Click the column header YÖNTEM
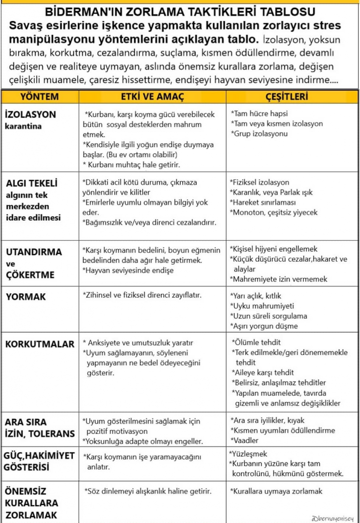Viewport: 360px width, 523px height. point(39,96)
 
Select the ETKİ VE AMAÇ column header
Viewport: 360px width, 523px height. point(152,96)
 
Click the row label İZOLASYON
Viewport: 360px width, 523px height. point(30,115)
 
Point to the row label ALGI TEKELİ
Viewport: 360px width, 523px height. point(32,184)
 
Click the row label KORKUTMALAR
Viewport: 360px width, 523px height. point(40,344)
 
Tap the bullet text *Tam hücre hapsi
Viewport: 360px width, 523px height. point(259,114)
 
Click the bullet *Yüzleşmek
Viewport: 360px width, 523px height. point(248,454)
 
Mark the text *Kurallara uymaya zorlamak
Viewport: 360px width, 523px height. point(276,491)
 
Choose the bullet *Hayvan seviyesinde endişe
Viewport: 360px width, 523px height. point(128,270)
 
